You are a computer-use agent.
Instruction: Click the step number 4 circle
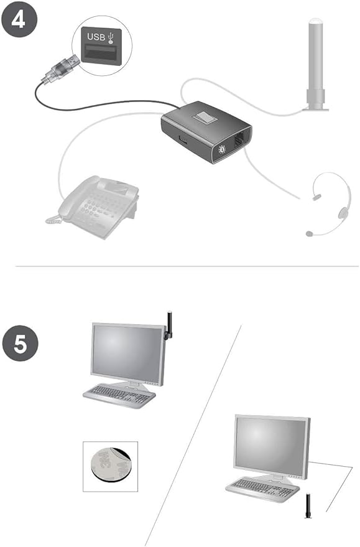(x=19, y=18)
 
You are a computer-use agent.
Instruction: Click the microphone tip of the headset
(x=308, y=234)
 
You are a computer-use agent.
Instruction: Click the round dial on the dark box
(x=221, y=150)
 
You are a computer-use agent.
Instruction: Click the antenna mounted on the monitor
(x=169, y=324)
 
